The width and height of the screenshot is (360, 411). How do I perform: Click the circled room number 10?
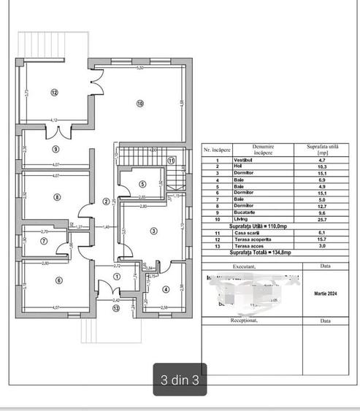point(140,103)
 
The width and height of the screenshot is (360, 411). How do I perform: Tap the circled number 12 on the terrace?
point(54,92)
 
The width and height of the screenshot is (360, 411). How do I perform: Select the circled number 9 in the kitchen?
point(55,149)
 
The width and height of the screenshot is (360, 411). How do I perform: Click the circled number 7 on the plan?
point(44,241)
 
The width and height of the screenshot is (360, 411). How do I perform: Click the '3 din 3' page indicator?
point(180,379)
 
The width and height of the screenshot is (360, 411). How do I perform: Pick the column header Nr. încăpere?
point(216,149)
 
